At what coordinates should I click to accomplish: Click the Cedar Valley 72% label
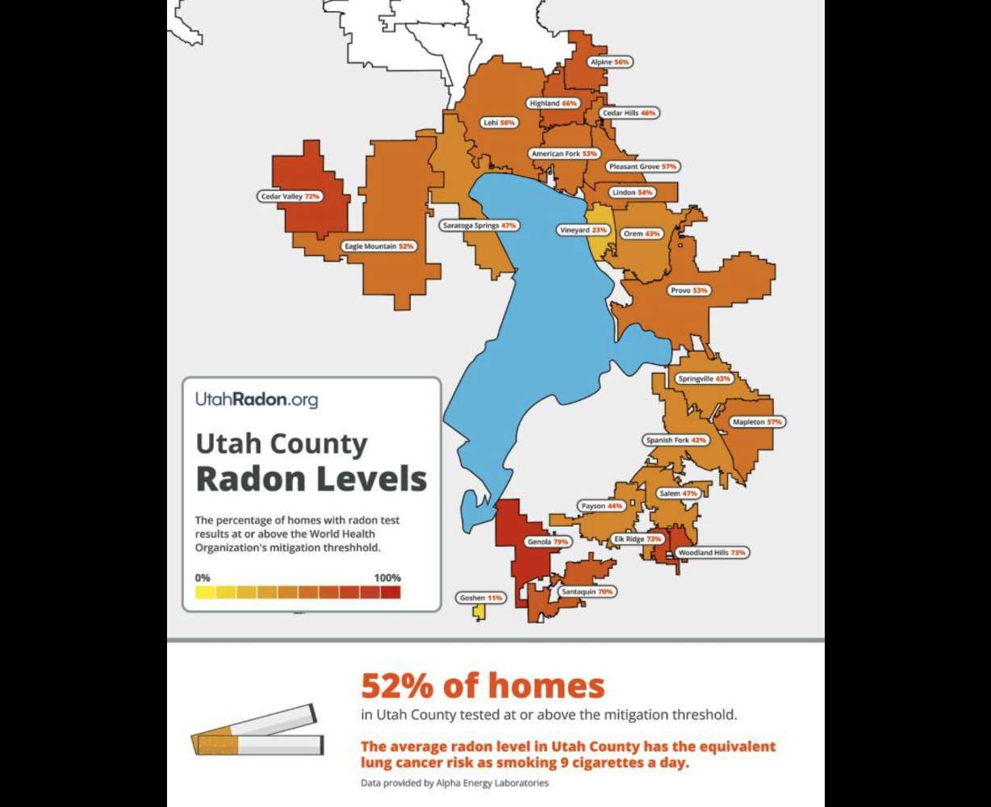pyautogui.click(x=291, y=196)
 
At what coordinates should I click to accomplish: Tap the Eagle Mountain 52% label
pyautogui.click(x=378, y=246)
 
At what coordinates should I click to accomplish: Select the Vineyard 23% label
pyautogui.click(x=583, y=231)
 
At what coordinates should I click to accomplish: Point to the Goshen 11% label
pyautogui.click(x=481, y=598)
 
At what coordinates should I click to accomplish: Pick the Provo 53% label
pyautogui.click(x=688, y=290)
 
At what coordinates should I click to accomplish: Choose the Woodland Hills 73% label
pyautogui.click(x=711, y=553)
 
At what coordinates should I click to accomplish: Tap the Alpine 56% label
pyautogui.click(x=609, y=61)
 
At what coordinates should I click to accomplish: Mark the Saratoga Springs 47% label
pyautogui.click(x=479, y=226)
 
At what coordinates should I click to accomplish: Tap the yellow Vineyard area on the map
pyautogui.click(x=598, y=242)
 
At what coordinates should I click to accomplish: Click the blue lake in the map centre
pyautogui.click(x=549, y=323)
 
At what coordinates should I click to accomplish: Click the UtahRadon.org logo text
pyautogui.click(x=257, y=399)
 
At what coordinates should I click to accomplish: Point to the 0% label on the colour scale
pyautogui.click(x=203, y=578)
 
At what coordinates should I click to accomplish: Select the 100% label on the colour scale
pyautogui.click(x=387, y=578)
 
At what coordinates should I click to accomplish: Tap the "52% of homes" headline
pyautogui.click(x=482, y=686)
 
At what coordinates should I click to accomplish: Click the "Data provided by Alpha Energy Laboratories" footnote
pyautogui.click(x=454, y=783)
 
